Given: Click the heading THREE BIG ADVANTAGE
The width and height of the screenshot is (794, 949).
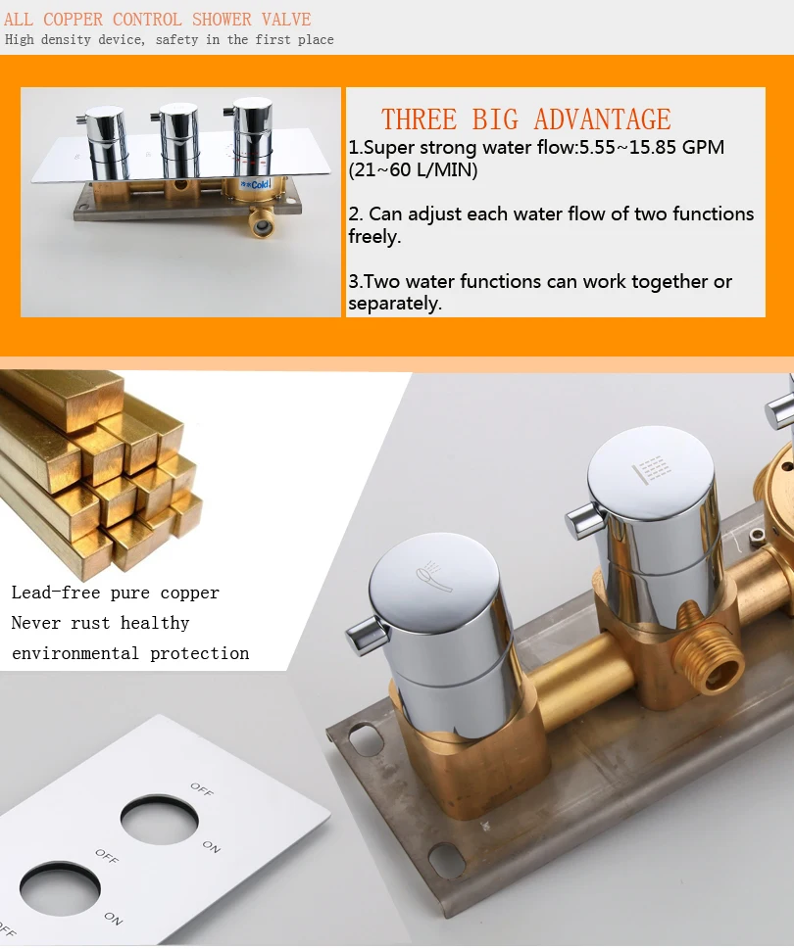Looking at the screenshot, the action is click(x=525, y=119).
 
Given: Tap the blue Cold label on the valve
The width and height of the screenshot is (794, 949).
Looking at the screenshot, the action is click(x=256, y=184).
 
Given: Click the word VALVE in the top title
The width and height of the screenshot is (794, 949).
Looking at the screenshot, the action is click(x=286, y=20).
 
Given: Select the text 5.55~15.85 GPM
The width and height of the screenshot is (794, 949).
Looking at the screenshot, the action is click(x=652, y=147).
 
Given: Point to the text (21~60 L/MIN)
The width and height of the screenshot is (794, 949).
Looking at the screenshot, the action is click(x=413, y=169).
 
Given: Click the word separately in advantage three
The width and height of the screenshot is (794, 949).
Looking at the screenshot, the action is click(x=395, y=304).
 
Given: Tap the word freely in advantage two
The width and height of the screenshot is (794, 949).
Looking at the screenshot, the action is click(x=374, y=236).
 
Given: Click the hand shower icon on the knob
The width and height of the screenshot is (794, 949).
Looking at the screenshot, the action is click(x=434, y=577).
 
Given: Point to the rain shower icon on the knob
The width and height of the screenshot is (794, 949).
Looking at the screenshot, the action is click(x=652, y=469).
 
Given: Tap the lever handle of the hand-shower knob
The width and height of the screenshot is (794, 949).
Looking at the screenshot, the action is click(x=367, y=633).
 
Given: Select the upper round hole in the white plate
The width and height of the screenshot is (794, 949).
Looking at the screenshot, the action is click(x=159, y=822).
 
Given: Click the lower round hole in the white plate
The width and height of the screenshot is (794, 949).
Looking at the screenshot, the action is click(x=60, y=888).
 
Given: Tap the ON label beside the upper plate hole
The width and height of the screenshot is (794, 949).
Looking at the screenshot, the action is click(x=212, y=846).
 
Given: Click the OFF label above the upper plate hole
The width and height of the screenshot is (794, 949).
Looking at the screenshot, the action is click(x=202, y=788).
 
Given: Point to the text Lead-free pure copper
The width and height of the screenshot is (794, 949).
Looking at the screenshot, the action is click(x=115, y=593).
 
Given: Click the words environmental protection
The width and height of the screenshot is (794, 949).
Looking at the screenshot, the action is click(x=130, y=653).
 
